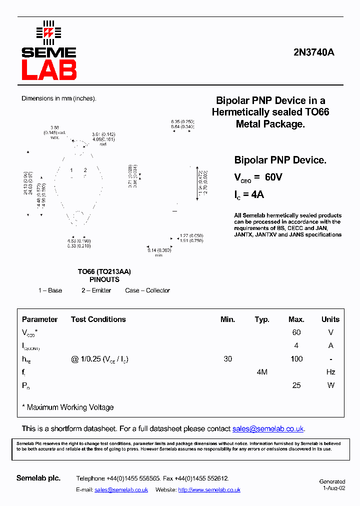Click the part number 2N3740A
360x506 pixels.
click(x=313, y=52)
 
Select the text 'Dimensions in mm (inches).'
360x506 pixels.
click(x=58, y=98)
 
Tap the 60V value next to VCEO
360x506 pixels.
click(x=273, y=177)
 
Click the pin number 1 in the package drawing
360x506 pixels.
click(x=71, y=170)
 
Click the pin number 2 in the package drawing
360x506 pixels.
click(x=85, y=170)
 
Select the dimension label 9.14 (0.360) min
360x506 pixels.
click(x=158, y=252)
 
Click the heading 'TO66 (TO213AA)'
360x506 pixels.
click(x=104, y=271)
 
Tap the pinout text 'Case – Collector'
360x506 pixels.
click(x=147, y=290)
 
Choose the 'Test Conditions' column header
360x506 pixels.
click(x=98, y=319)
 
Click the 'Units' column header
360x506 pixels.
click(x=330, y=319)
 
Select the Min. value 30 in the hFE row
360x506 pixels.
click(x=228, y=359)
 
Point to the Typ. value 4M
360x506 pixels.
click(x=262, y=372)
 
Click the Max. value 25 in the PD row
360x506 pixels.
click(x=296, y=385)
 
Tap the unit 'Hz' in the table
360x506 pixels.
click(x=330, y=372)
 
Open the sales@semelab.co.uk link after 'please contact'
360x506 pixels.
click(x=268, y=429)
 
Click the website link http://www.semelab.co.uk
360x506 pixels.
click(x=209, y=490)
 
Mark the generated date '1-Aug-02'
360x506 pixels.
click(x=333, y=488)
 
